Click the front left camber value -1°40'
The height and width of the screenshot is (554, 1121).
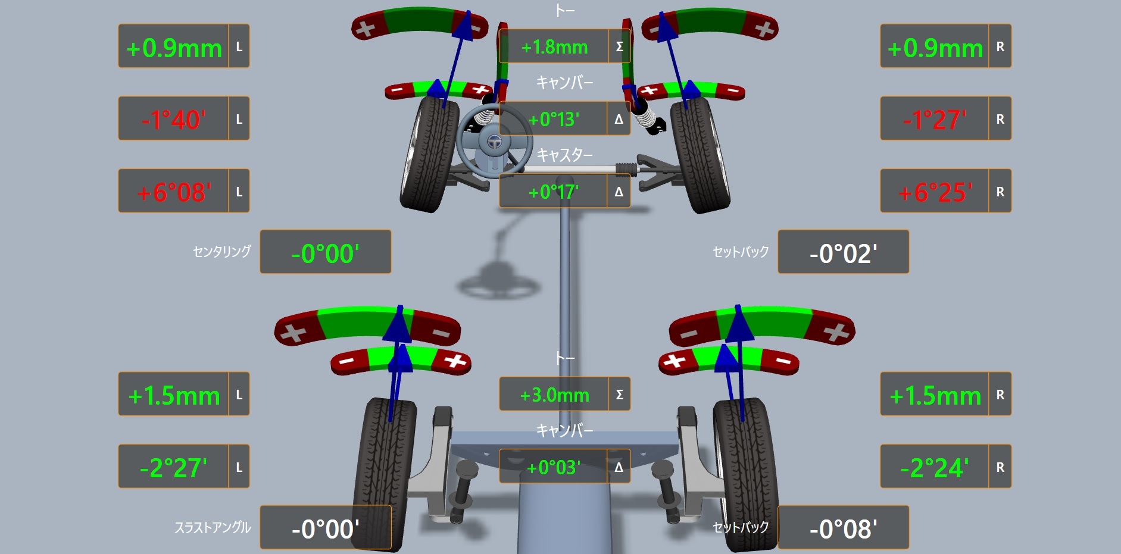(173, 120)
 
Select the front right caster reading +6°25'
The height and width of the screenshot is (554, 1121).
(935, 192)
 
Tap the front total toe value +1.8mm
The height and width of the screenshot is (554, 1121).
(554, 47)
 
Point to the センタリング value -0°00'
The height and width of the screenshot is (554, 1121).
(325, 253)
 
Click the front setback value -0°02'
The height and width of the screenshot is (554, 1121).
(843, 253)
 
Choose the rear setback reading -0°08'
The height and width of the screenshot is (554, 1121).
(843, 529)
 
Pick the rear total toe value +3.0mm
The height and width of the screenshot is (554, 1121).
(554, 395)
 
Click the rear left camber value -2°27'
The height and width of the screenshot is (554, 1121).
(173, 468)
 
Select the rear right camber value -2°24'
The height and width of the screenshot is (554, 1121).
(935, 468)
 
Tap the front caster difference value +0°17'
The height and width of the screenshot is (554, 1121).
(554, 192)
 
